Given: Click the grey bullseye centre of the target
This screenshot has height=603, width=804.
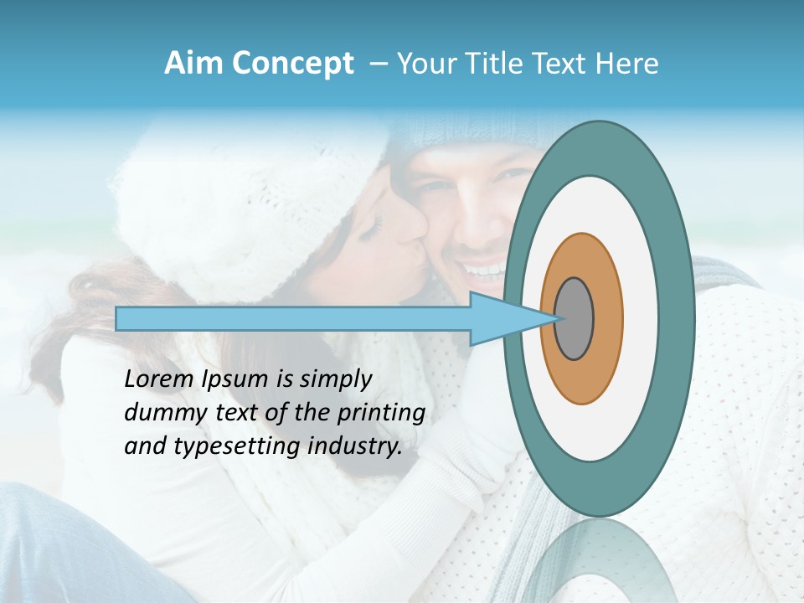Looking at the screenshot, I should tap(575, 319).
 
